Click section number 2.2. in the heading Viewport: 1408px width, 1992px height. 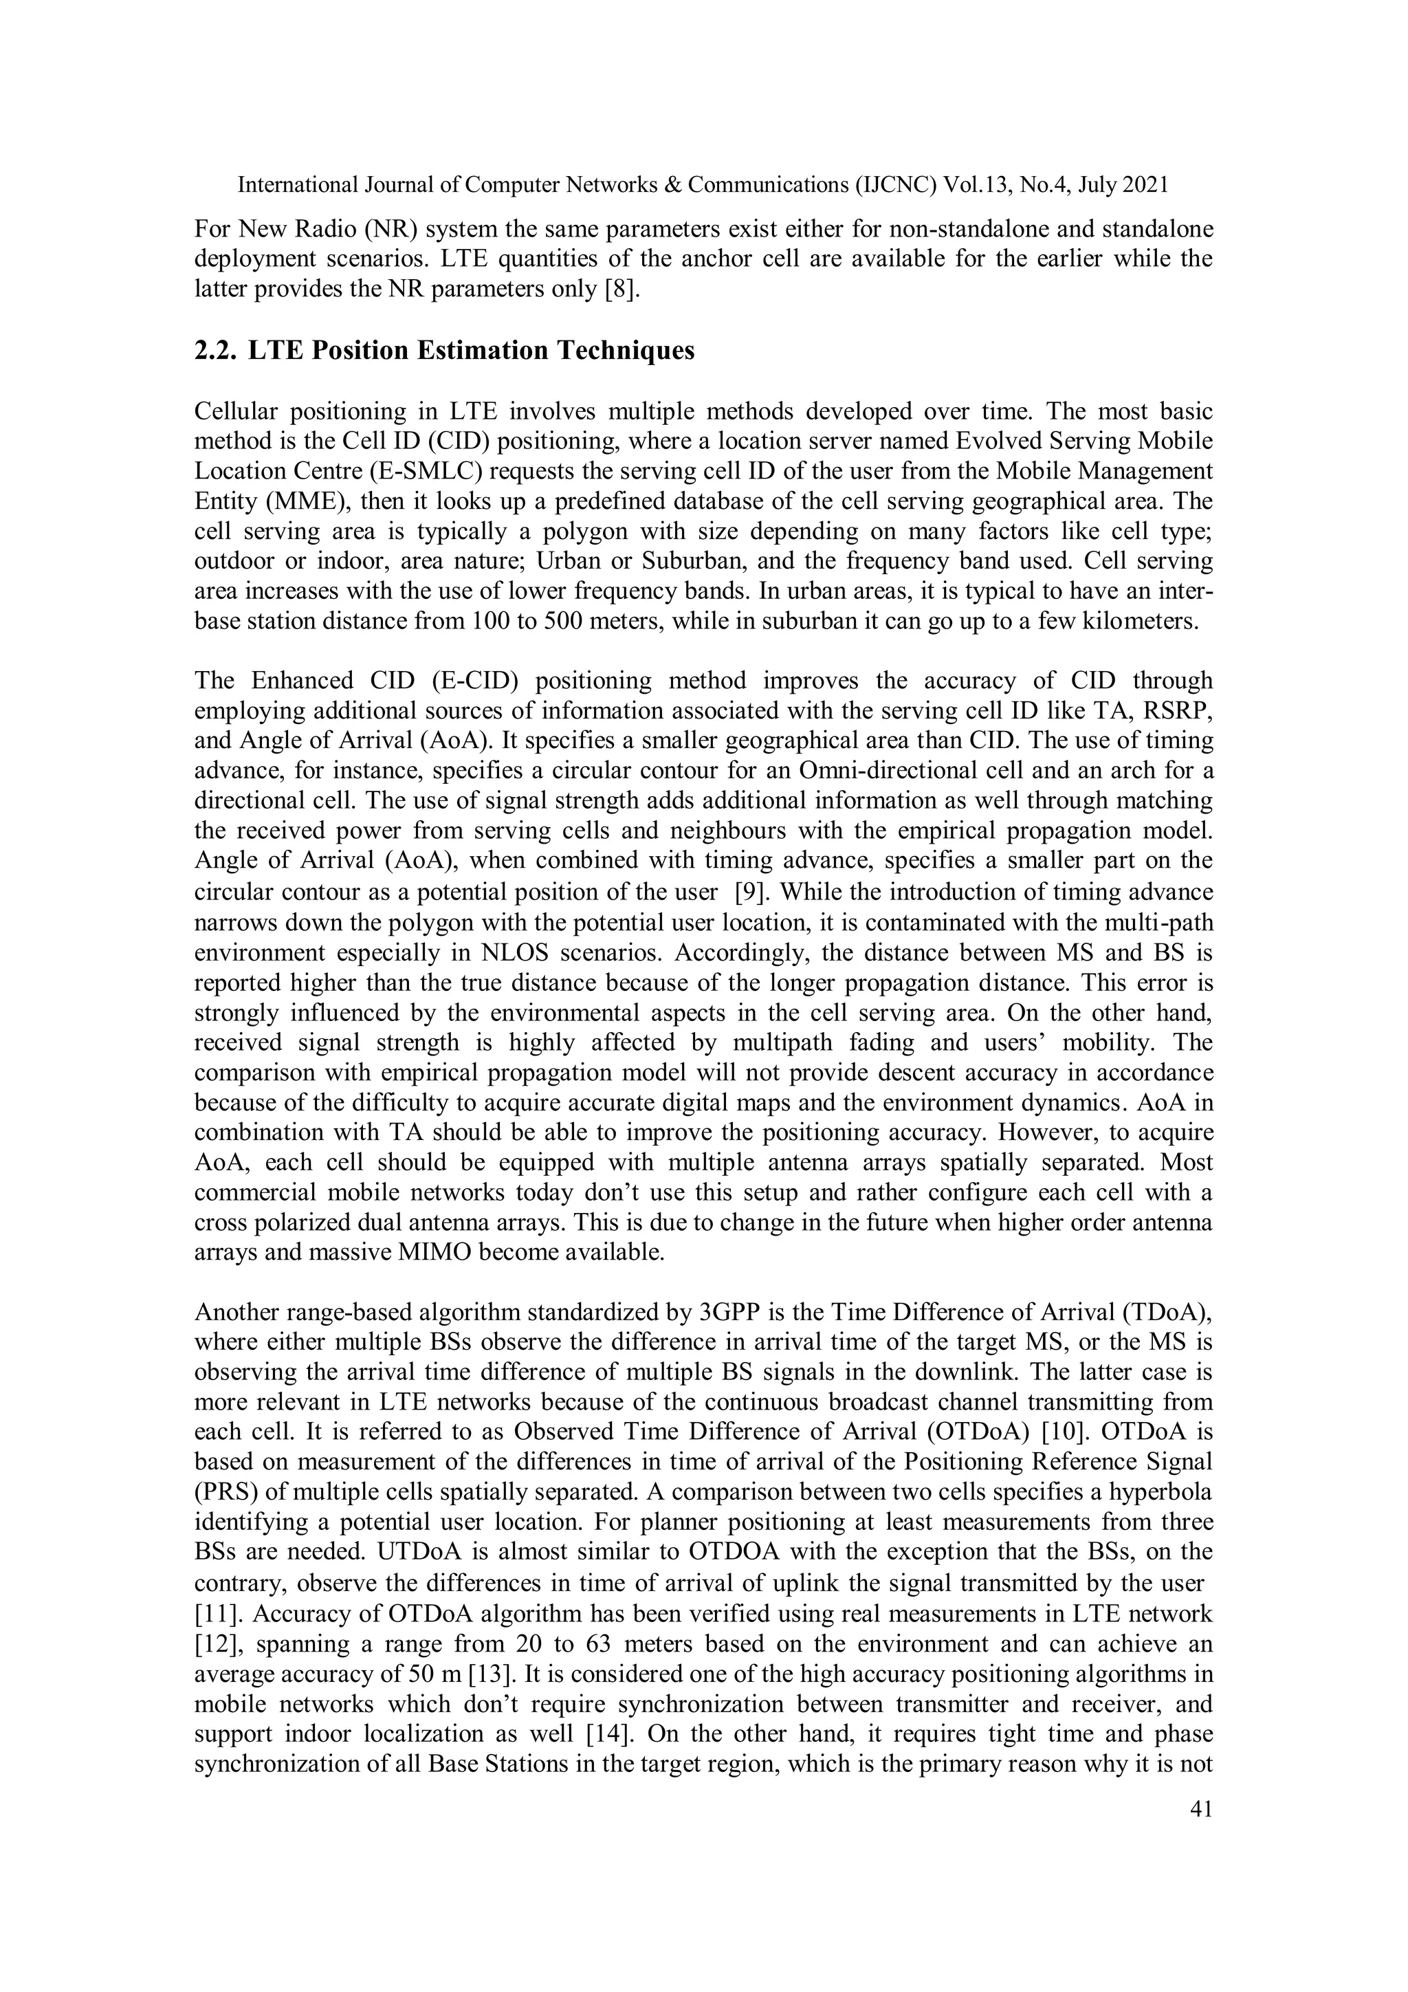pyautogui.click(x=213, y=351)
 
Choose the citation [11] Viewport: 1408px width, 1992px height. pyautogui.click(x=212, y=1614)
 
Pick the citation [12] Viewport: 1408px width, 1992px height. pyautogui.click(x=212, y=1644)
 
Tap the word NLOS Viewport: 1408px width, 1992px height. pyautogui.click(x=514, y=952)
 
